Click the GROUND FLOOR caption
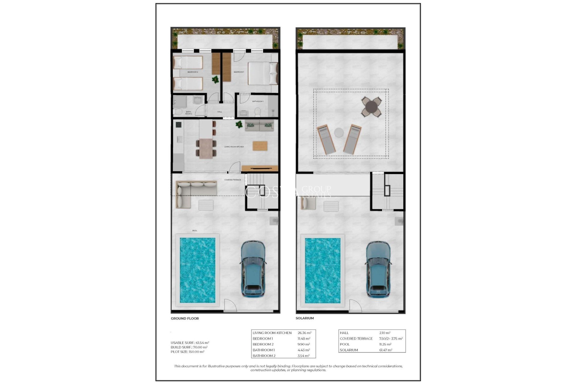click(185, 318)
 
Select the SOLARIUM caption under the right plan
click(304, 318)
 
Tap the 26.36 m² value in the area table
click(304, 333)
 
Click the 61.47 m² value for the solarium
click(385, 350)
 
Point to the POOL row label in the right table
click(345, 344)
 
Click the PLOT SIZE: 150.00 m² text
click(187, 352)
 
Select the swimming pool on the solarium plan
click(322, 270)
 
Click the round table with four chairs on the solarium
click(371, 106)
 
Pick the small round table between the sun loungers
click(339, 132)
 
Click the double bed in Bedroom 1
click(259, 73)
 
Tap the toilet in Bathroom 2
click(177, 112)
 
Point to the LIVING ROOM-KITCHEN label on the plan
click(234, 147)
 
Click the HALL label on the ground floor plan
click(220, 112)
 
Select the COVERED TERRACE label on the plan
click(232, 180)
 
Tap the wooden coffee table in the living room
click(260, 146)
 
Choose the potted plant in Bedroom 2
click(215, 79)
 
